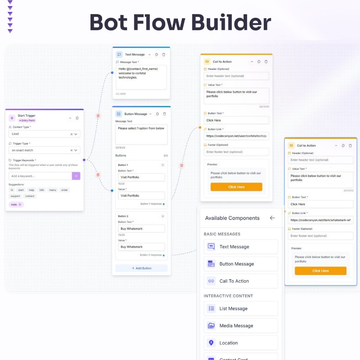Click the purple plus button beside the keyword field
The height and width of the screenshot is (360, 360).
point(76,176)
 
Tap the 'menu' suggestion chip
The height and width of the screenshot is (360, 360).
point(52,190)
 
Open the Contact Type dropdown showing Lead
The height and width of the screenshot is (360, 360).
point(44,134)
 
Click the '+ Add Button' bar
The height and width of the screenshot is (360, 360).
point(141,268)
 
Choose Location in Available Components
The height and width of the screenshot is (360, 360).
point(240,343)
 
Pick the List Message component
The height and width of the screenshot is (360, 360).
point(240,308)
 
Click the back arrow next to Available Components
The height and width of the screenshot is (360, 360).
point(272,218)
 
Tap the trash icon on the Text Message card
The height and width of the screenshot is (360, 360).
point(163,54)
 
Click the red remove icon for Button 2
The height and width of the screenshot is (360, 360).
point(162,216)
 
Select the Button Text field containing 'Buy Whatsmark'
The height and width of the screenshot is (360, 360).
point(141,229)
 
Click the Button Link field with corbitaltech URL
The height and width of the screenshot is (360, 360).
point(236,136)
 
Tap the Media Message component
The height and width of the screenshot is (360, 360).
point(240,326)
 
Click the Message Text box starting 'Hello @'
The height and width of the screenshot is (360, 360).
point(141,77)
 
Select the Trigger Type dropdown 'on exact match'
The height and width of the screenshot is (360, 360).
point(44,150)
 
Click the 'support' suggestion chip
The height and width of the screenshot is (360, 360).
point(15,196)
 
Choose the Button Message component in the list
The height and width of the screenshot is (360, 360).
point(240,264)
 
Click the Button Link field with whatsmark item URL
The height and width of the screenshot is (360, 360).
point(320,220)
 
